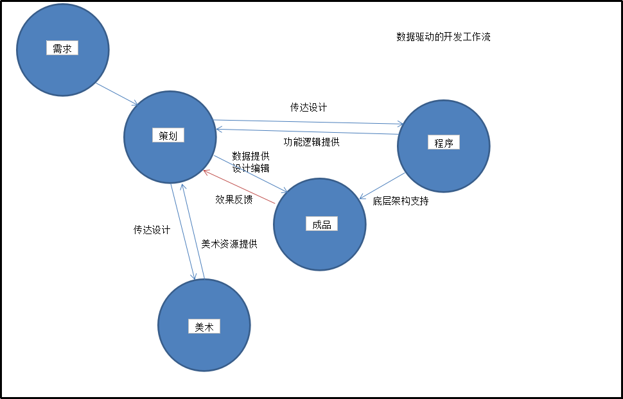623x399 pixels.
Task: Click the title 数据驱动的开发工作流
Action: pyautogui.click(x=443, y=37)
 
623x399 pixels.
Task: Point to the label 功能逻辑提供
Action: pyautogui.click(x=311, y=142)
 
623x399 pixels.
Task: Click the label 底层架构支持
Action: pyautogui.click(x=401, y=201)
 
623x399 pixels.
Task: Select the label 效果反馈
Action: pyautogui.click(x=234, y=199)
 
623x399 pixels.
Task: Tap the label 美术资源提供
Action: pyautogui.click(x=229, y=244)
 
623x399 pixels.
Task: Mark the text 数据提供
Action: pyautogui.click(x=250, y=156)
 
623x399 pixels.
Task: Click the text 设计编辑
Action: pyautogui.click(x=250, y=168)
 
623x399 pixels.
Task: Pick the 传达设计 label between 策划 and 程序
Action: pyautogui.click(x=308, y=107)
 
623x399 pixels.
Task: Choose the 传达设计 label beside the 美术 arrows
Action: pyautogui.click(x=152, y=230)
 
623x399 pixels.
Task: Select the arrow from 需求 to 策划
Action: pyautogui.click(x=117, y=94)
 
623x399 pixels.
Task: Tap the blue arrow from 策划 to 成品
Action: pyautogui.click(x=250, y=173)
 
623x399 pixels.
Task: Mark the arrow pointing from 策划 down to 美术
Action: pyautogui.click(x=182, y=232)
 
